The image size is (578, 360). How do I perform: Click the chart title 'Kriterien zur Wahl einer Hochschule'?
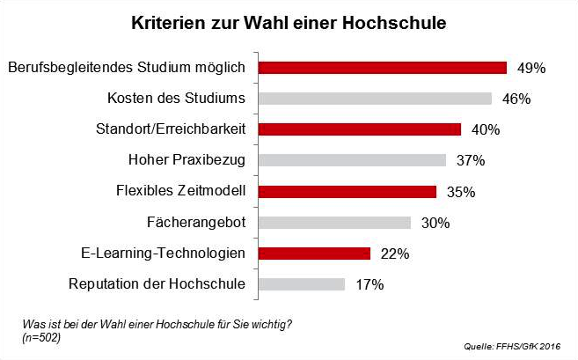(x=289, y=21)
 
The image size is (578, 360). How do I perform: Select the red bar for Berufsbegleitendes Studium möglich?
(x=384, y=68)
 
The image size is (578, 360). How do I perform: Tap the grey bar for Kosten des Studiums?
(x=376, y=99)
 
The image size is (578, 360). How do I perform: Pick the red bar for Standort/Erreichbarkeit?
(x=361, y=129)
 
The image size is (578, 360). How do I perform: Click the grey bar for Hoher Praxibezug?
(x=353, y=160)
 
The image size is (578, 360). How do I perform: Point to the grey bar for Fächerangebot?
(x=335, y=222)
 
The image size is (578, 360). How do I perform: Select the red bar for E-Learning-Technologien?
(x=315, y=253)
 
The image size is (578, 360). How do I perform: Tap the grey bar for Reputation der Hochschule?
(x=303, y=284)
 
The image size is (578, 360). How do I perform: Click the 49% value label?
(x=531, y=68)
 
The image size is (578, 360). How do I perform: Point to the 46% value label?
(x=516, y=99)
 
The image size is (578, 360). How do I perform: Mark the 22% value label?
(x=395, y=253)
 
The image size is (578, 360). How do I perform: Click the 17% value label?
(x=369, y=284)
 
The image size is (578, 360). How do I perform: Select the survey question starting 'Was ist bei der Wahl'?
(x=155, y=325)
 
